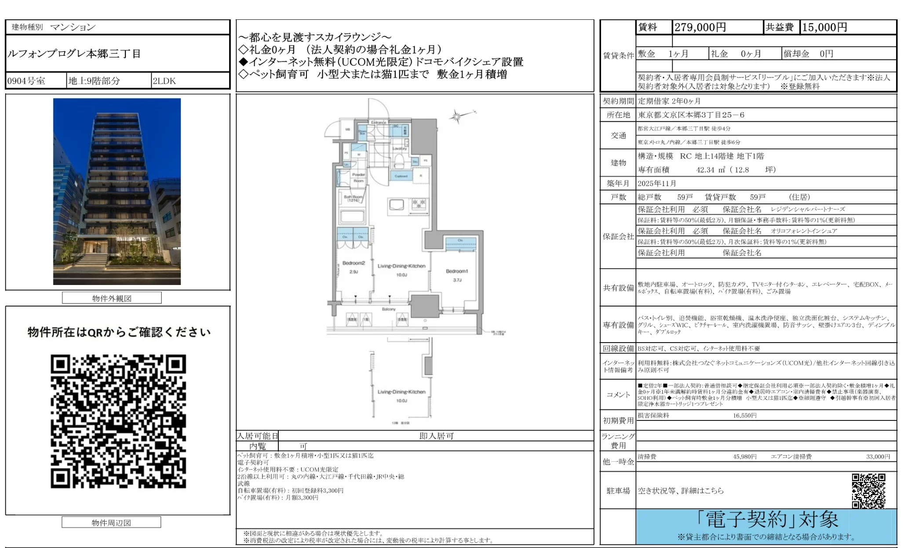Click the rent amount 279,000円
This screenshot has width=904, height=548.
tap(700, 27)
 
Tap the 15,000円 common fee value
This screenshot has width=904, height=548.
tap(824, 27)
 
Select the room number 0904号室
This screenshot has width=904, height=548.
tap(26, 81)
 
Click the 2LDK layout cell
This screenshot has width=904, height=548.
tap(164, 81)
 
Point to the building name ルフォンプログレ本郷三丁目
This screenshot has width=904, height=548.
tap(74, 54)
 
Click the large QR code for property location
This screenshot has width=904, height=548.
tap(118, 421)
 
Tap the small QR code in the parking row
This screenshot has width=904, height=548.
tap(868, 490)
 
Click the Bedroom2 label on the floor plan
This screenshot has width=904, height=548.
tap(354, 263)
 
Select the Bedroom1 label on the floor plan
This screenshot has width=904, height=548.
tap(457, 271)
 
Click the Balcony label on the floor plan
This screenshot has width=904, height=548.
tap(389, 309)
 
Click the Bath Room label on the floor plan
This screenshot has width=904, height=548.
tap(353, 197)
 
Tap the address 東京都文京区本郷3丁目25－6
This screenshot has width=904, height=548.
tap(691, 115)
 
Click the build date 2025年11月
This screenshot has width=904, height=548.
tap(657, 183)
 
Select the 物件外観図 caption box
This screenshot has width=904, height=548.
tap(112, 298)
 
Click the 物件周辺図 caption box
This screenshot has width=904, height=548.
tap(111, 522)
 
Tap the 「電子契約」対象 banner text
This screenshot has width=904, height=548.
tap(767, 520)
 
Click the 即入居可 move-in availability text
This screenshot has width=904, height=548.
tap(436, 436)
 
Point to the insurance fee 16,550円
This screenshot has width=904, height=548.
tap(744, 415)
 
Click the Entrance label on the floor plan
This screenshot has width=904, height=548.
tap(379, 122)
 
